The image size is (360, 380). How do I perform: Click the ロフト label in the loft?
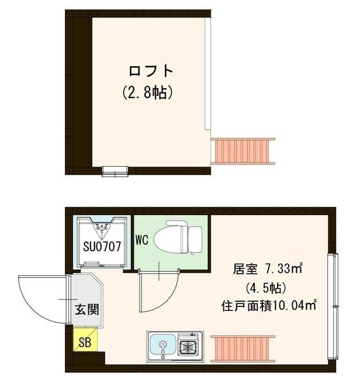[151, 72]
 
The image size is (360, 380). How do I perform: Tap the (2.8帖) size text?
[151, 92]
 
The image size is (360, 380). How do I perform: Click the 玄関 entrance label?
[85, 309]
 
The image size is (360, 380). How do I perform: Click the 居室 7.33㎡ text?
[266, 270]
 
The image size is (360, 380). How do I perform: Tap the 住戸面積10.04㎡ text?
[268, 305]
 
